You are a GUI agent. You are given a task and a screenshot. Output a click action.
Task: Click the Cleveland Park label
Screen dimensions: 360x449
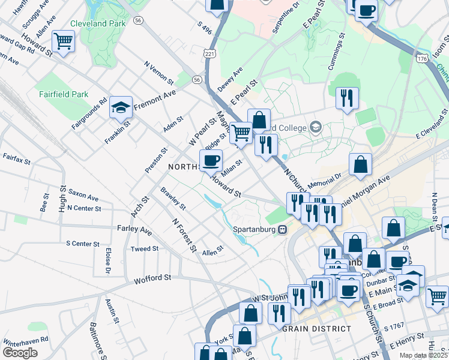98,23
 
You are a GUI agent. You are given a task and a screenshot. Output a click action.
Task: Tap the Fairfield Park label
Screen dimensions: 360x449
63,94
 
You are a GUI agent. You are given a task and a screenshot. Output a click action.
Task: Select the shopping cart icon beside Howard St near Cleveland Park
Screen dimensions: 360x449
63,41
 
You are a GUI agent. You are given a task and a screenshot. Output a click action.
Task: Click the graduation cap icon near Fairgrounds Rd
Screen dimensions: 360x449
121,107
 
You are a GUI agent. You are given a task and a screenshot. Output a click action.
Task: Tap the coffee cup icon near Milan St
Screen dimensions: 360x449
211,161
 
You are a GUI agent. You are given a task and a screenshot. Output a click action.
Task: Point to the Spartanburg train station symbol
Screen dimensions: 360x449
282,229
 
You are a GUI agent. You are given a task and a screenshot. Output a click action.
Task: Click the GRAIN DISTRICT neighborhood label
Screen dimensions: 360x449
317,328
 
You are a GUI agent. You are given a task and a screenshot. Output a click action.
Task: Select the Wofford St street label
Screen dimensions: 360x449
152,278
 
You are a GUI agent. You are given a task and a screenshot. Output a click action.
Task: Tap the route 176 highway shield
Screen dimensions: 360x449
423,58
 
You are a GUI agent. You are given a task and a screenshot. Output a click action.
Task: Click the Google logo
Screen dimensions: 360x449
20,353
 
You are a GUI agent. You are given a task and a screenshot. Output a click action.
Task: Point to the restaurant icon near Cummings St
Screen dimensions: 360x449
347,98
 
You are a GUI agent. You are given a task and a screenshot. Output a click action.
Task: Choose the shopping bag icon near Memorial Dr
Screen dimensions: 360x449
360,164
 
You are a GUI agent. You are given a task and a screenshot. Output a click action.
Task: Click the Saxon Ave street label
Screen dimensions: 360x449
83,197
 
